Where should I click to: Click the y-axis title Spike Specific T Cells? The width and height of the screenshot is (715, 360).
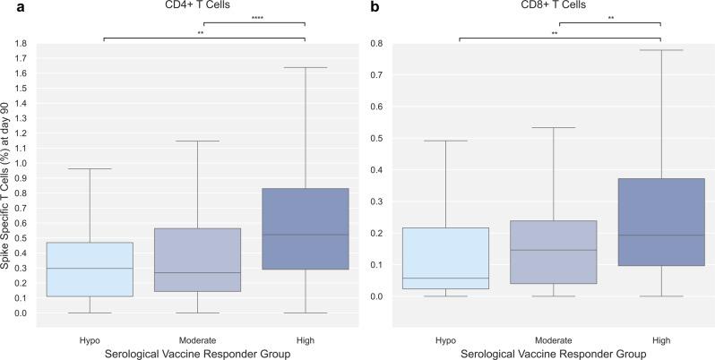(x=7, y=179)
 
